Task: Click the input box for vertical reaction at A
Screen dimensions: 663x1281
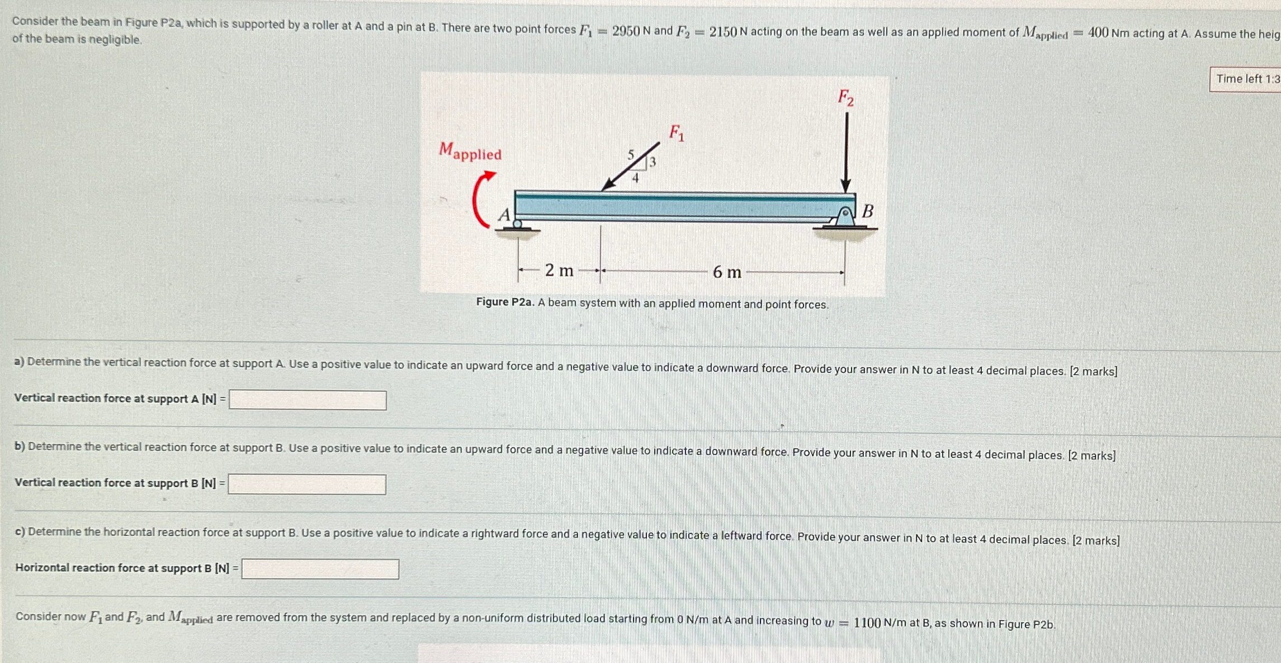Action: point(308,400)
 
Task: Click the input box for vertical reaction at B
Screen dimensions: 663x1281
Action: point(306,484)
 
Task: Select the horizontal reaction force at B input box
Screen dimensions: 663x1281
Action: point(320,569)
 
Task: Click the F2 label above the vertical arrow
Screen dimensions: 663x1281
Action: point(845,98)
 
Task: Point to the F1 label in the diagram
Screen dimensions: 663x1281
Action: point(677,133)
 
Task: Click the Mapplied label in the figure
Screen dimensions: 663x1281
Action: point(470,151)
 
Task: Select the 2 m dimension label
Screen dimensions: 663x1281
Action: point(559,271)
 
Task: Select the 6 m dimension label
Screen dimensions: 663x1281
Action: point(727,272)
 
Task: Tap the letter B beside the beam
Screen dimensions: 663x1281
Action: point(867,211)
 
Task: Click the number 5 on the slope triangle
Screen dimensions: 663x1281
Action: point(631,154)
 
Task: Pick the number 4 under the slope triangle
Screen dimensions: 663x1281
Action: point(635,178)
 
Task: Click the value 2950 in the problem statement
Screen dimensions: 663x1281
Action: point(626,31)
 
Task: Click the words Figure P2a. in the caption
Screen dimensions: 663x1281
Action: point(505,302)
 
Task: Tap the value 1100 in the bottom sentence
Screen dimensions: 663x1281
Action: point(868,623)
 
